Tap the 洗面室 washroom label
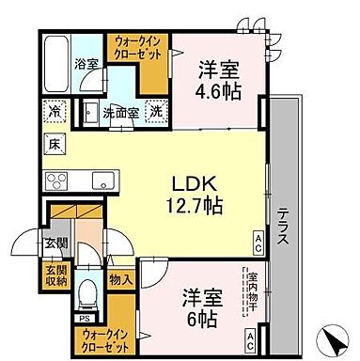tap(121, 109)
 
